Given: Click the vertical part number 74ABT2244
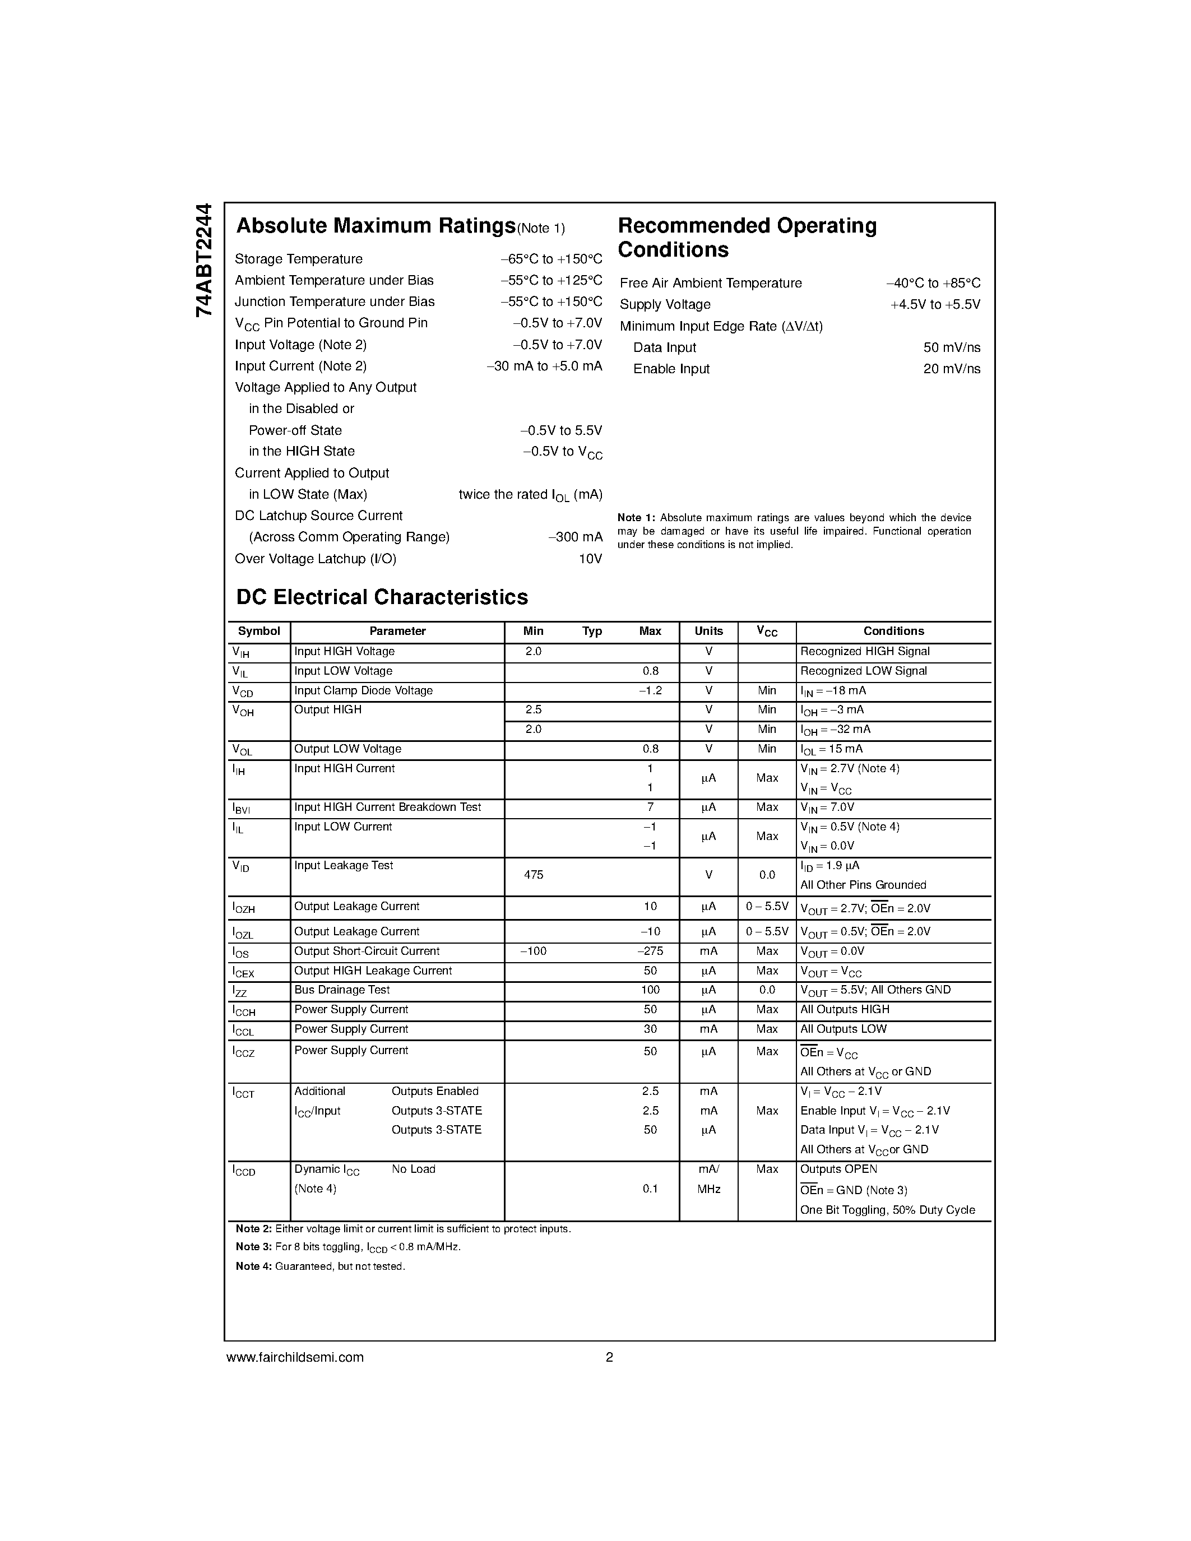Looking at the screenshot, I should [203, 259].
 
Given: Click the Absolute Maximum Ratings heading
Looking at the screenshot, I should [376, 226].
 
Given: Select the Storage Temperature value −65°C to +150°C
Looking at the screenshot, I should [551, 259].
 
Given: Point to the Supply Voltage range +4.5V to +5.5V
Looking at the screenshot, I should [935, 304].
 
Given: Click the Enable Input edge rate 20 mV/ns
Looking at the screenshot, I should [951, 368].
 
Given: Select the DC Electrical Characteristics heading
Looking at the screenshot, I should [382, 597].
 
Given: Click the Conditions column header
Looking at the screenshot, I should [893, 631].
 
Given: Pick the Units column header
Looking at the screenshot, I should [708, 631].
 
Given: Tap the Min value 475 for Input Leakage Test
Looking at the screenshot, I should [534, 875].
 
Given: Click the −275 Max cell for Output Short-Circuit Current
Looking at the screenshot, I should [650, 951].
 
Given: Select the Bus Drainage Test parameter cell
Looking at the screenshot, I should [342, 990].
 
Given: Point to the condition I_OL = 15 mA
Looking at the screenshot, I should [831, 749].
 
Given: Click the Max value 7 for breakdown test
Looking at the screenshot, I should [650, 807].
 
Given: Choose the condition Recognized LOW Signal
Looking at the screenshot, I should [864, 671].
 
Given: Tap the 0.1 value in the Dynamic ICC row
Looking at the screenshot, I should [650, 1189].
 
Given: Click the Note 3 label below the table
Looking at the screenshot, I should [253, 1247].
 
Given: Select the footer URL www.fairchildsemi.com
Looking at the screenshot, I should [295, 1357].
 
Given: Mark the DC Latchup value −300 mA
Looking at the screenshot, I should [575, 537].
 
